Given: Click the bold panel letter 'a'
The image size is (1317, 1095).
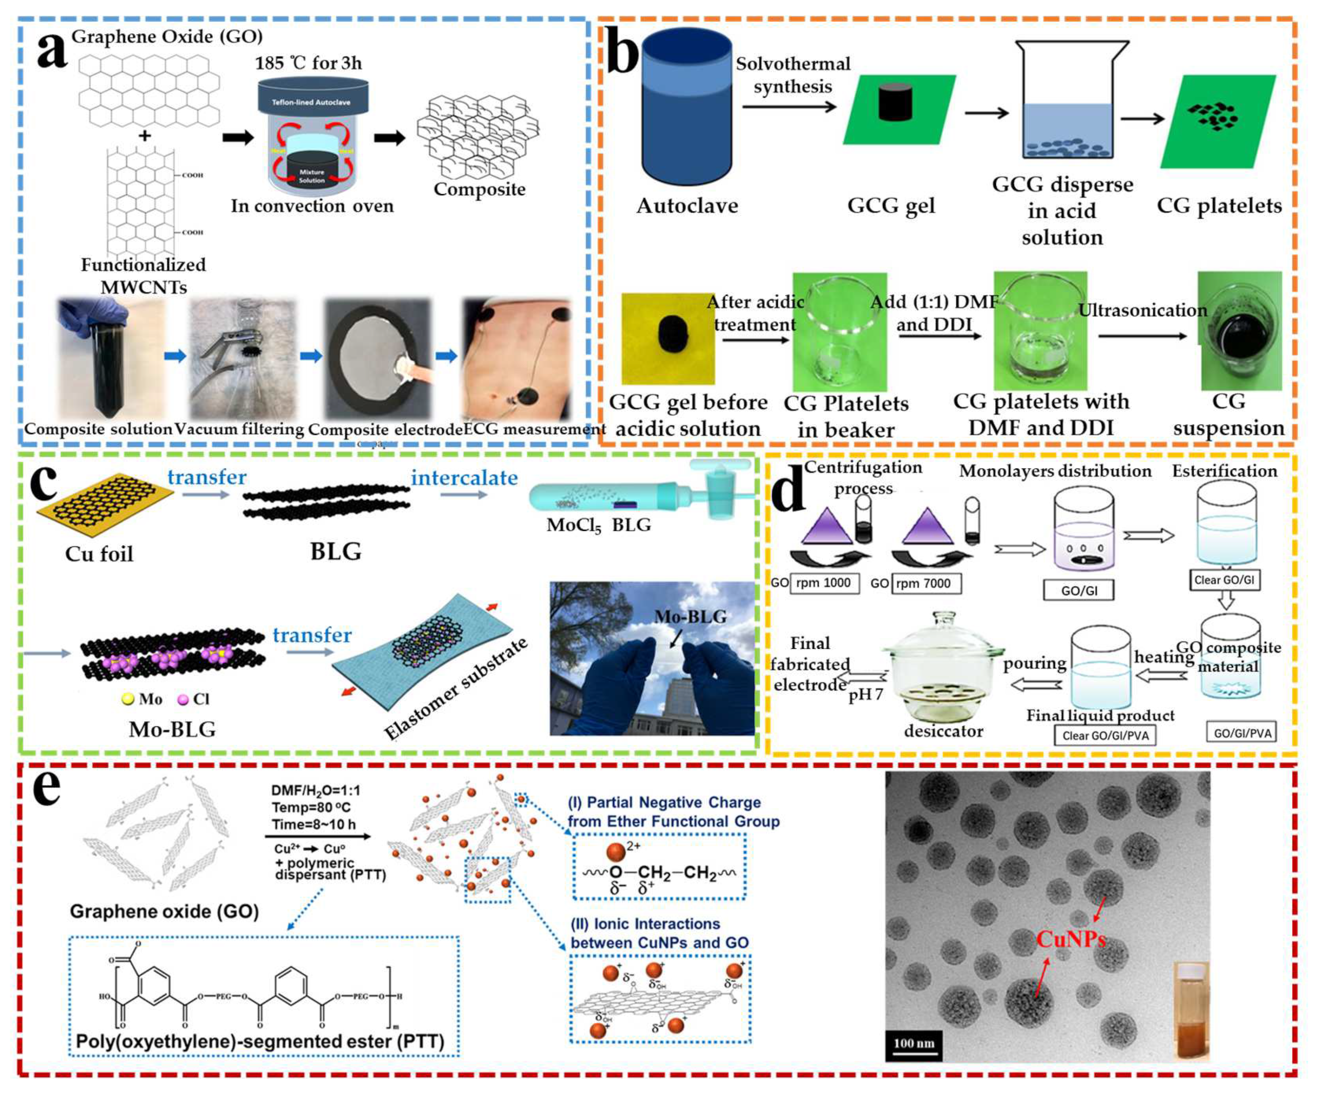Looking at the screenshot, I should [51, 50].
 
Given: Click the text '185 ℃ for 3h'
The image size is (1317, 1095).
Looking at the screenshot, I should [308, 63].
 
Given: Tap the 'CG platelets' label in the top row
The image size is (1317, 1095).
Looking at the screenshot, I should [1218, 206].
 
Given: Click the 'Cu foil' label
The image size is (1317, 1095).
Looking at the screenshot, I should [99, 554].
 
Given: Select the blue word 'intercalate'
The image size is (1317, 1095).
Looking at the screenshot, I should [464, 478].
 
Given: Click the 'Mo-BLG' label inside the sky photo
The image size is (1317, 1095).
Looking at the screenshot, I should [690, 617].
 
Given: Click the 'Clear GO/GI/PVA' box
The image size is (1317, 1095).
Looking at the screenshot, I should [1105, 736].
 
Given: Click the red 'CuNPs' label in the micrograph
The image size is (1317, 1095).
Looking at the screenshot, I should [1070, 939].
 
